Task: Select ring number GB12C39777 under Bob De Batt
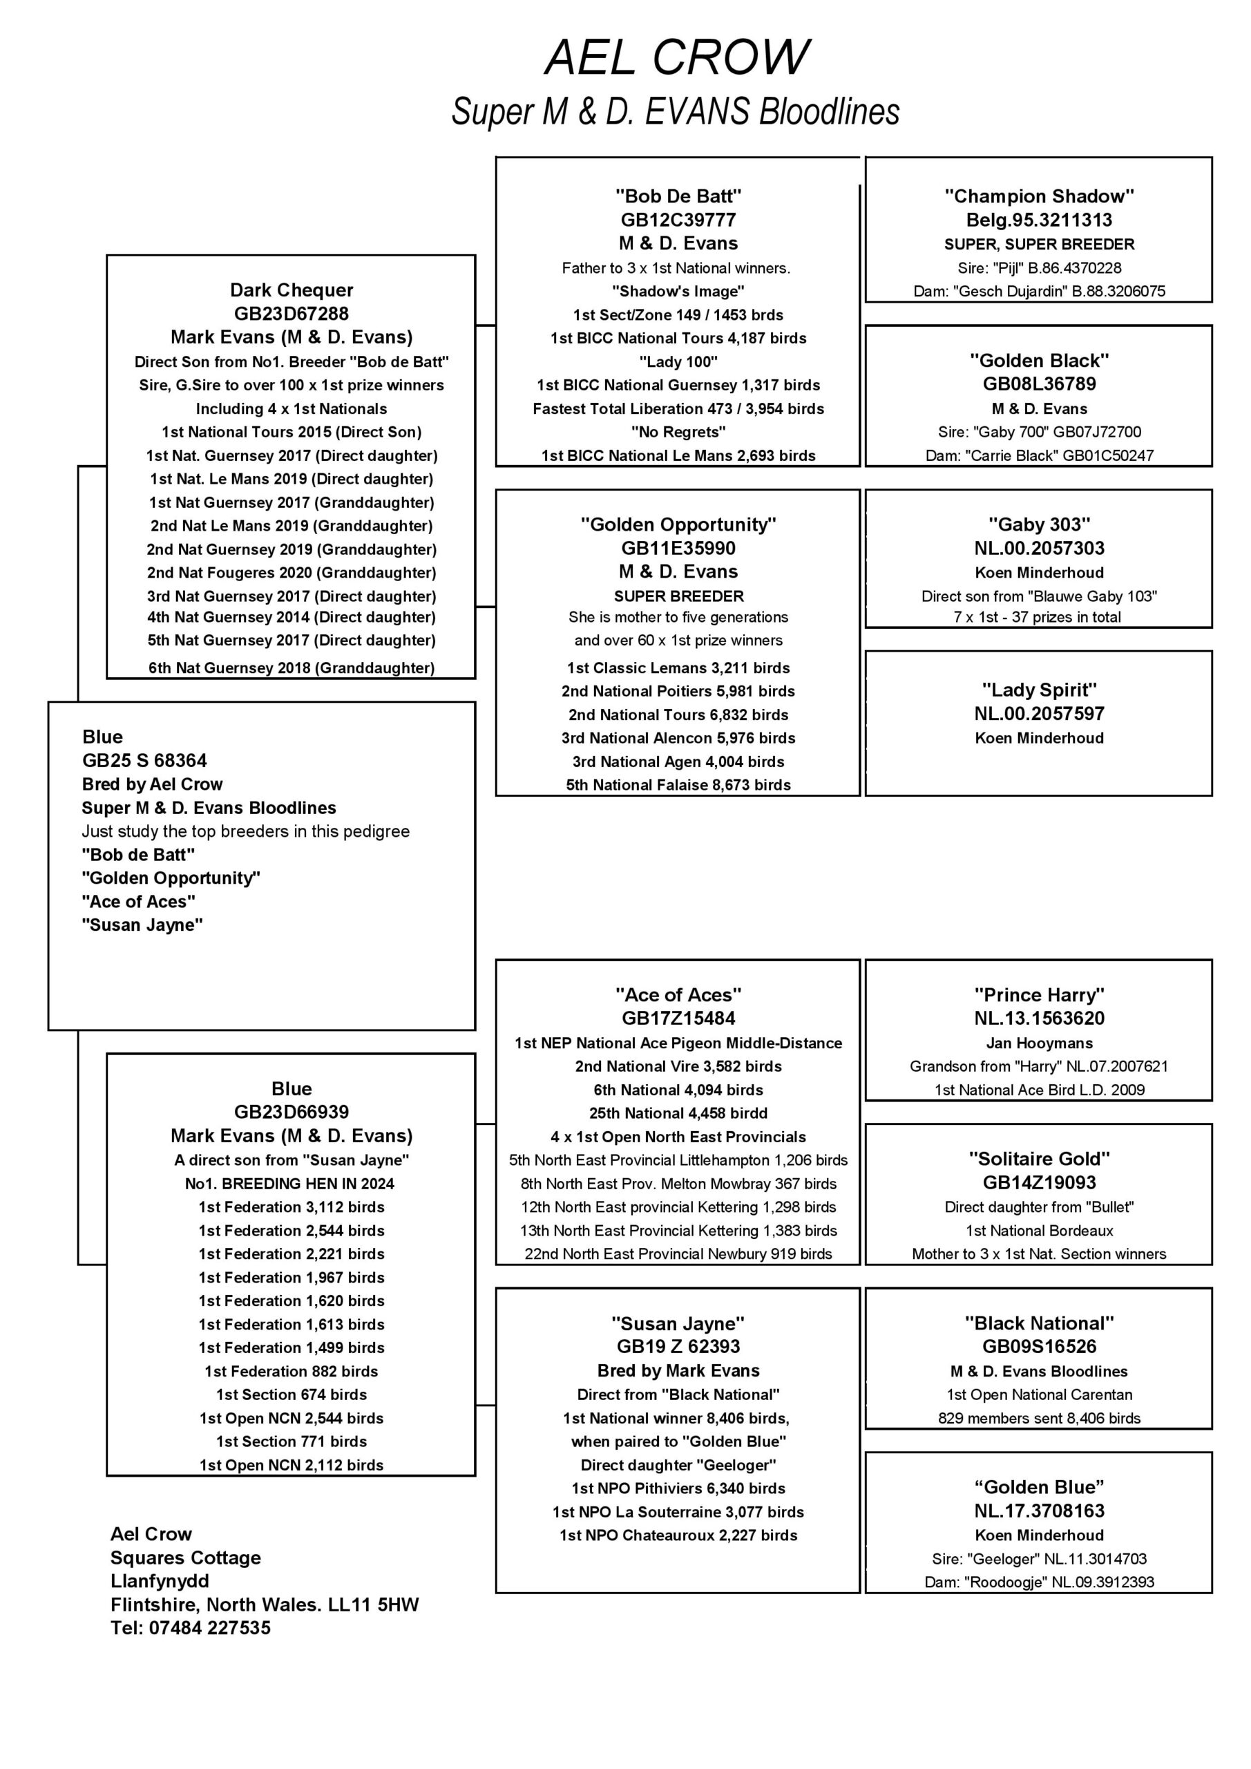[x=678, y=220]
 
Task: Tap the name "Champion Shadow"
[x=1039, y=196]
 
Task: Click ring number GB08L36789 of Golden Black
[x=1039, y=384]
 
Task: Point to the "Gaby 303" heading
[x=1039, y=524]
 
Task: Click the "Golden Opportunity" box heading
[x=678, y=524]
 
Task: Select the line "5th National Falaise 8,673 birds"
[x=678, y=784]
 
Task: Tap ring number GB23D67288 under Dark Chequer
[x=292, y=314]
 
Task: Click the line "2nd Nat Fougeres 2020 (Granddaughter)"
[x=292, y=572]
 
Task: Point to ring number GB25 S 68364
[x=145, y=760]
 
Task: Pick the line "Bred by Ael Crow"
[x=153, y=784]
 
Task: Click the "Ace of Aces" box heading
[x=678, y=994]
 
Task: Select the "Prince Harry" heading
[x=1039, y=994]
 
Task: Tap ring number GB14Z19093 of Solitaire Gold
[x=1039, y=1182]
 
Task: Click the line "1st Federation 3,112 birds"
[x=292, y=1207]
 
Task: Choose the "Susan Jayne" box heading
[x=678, y=1324]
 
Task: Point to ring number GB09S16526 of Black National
[x=1039, y=1346]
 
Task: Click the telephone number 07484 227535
[x=209, y=1628]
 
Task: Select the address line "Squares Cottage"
[x=186, y=1558]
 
